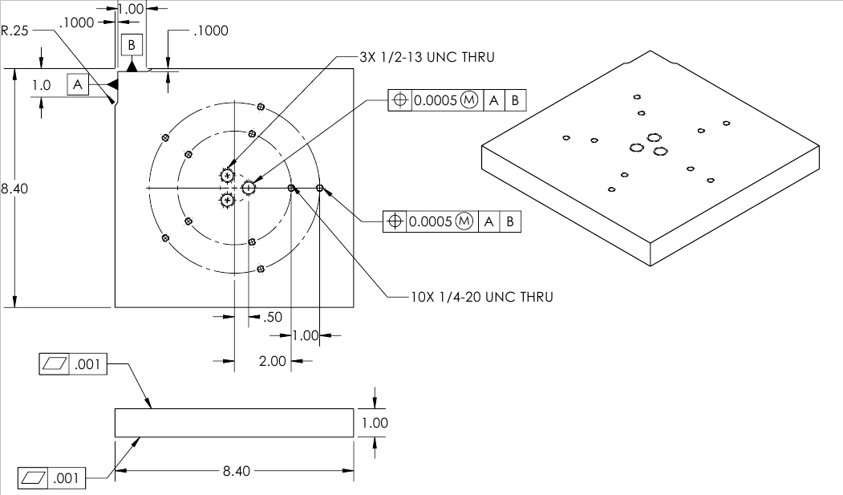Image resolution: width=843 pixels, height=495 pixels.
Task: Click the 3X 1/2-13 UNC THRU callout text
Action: click(428, 57)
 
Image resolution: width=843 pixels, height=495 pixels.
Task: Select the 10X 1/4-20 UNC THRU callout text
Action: click(481, 297)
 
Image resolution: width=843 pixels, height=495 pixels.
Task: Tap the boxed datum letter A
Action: click(77, 83)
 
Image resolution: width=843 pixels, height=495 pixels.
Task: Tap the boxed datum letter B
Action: click(132, 44)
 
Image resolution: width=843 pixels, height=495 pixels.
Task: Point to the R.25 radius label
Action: click(14, 31)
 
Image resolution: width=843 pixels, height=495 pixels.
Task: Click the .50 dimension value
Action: click(273, 317)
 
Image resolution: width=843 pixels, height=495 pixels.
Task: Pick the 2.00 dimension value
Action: click(273, 361)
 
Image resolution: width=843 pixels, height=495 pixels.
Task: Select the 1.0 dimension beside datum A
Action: click(42, 84)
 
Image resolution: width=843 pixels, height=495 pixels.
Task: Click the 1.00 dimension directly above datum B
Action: click(130, 9)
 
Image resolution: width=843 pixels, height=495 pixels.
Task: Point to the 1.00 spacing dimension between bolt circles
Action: click(305, 335)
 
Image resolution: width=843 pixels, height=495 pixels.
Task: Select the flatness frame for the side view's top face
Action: click(71, 364)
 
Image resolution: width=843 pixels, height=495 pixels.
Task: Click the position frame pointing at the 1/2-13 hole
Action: click(457, 100)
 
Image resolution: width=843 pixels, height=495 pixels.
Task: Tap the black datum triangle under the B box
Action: click(132, 66)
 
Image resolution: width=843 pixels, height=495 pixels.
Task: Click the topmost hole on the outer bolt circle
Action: click(261, 106)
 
